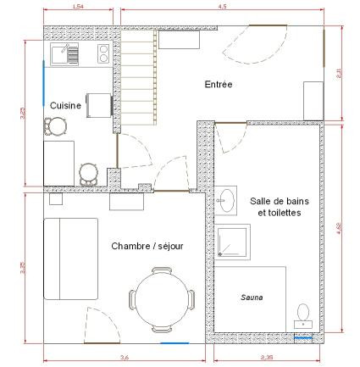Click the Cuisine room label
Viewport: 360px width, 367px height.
(x=65, y=105)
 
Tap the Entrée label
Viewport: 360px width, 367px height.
(x=218, y=84)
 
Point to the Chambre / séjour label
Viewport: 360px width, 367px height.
(x=147, y=246)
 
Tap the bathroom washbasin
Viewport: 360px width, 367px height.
(x=226, y=201)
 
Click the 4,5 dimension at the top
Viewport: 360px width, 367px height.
(x=222, y=8)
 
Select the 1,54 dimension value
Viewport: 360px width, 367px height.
(x=77, y=8)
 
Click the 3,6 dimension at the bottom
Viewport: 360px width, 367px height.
(x=125, y=358)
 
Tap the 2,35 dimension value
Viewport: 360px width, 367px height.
(x=267, y=358)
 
